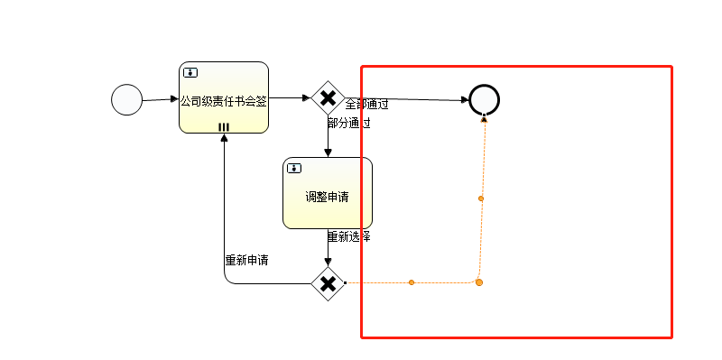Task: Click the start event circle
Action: click(126, 99)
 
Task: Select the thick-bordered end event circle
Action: click(485, 99)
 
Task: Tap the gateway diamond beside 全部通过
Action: click(328, 97)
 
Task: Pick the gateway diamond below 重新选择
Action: click(328, 283)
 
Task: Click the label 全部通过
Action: click(366, 105)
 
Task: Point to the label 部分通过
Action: click(349, 123)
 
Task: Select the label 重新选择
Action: click(349, 237)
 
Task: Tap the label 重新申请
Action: click(246, 260)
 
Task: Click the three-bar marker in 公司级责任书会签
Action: click(224, 127)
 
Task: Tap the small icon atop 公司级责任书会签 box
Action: click(190, 72)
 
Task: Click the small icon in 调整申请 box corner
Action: click(294, 168)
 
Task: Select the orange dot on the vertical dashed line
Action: click(481, 198)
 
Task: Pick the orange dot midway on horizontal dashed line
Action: click(412, 282)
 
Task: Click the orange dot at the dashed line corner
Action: click(479, 282)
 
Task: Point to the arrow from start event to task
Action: click(160, 98)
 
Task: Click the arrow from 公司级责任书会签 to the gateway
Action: click(291, 97)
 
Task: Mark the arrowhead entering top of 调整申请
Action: click(328, 152)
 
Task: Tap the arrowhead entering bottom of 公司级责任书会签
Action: click(224, 138)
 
